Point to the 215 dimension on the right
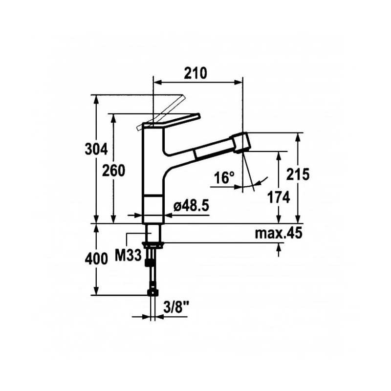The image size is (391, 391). pos(299,174)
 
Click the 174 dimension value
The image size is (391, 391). pos(279,197)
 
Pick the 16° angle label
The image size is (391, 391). pos(224,178)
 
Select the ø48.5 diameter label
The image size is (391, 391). pos(191,206)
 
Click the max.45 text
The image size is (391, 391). pos(278,234)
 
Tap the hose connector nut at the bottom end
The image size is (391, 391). pos(153,293)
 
